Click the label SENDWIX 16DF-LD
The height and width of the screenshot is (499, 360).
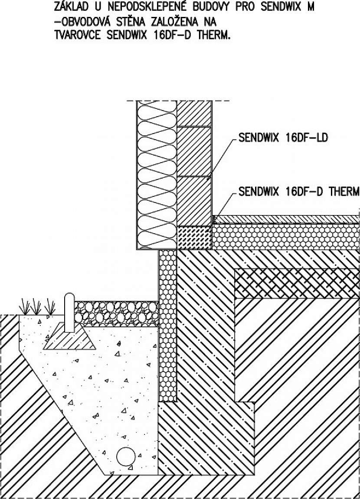(x=283, y=138)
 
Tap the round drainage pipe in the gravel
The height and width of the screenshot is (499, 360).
(x=126, y=457)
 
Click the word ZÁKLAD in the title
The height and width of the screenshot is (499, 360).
(x=71, y=7)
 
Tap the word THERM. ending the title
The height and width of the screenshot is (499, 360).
(x=214, y=34)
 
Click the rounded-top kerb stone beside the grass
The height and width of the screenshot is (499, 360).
(x=69, y=313)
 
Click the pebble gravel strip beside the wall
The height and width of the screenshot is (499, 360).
(x=117, y=313)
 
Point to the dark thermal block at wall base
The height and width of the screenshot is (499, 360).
(x=194, y=238)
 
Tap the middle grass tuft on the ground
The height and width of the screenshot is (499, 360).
(x=36, y=307)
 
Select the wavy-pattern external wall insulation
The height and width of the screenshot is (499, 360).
(x=157, y=175)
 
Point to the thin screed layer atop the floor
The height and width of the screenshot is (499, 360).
(x=286, y=219)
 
